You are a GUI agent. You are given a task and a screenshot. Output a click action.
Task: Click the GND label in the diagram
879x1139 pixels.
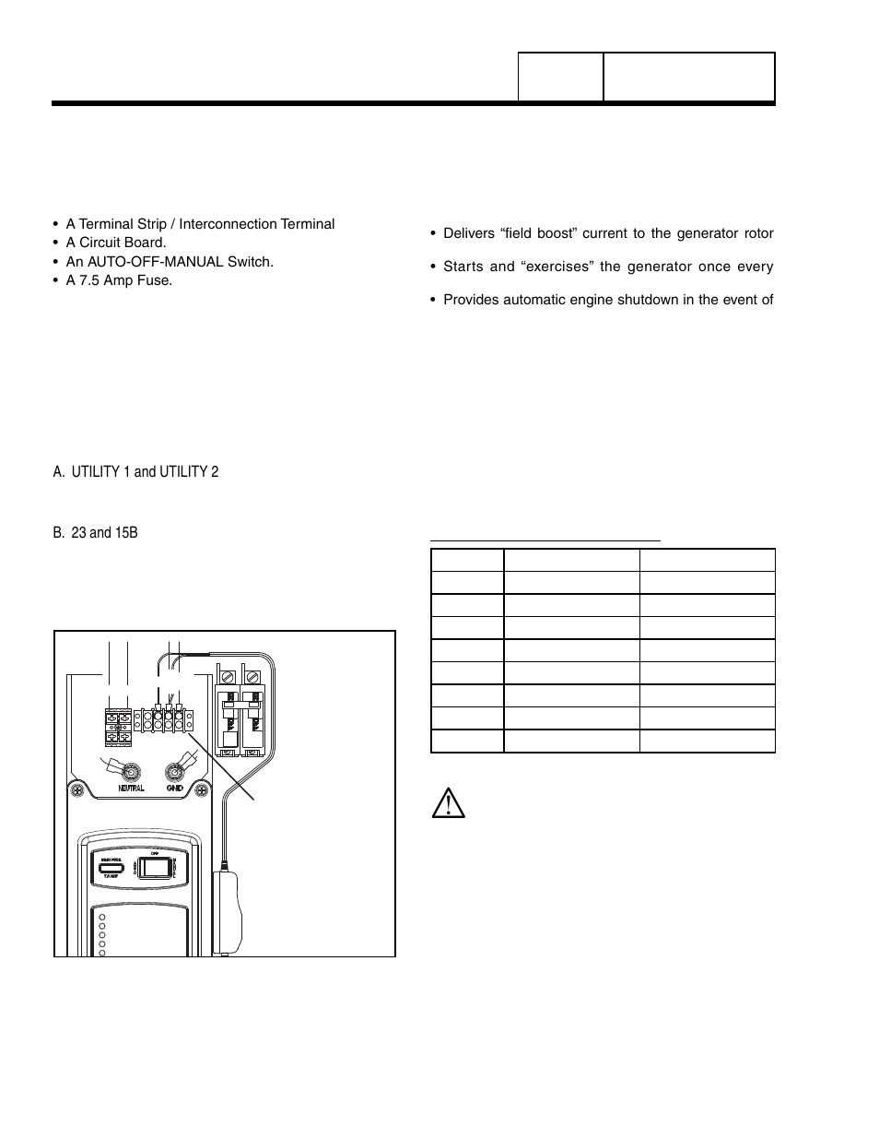[x=175, y=789]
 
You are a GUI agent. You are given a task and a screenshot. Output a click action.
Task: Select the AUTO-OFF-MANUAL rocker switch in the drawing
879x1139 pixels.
[x=159, y=868]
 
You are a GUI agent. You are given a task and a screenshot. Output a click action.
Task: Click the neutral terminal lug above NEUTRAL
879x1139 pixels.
[x=133, y=770]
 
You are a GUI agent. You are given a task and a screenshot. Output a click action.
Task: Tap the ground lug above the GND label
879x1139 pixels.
[x=174, y=770]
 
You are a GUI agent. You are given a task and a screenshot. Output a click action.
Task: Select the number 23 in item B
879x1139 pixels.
[x=78, y=533]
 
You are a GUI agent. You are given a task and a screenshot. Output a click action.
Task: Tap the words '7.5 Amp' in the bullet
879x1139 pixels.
[x=104, y=279]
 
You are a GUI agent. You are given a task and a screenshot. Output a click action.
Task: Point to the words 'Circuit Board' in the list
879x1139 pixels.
[x=121, y=243]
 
